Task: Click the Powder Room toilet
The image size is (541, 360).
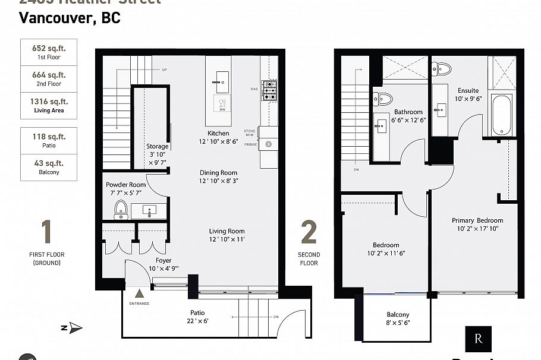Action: (121, 210)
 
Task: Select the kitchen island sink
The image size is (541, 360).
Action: (222, 82)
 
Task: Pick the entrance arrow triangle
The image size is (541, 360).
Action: (140, 293)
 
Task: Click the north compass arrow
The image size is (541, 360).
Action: (74, 327)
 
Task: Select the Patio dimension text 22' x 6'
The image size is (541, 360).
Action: (197, 321)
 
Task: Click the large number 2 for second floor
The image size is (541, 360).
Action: (309, 232)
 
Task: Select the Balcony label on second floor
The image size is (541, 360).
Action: (398, 315)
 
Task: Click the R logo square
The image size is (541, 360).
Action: (479, 339)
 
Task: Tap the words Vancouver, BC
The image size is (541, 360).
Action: (70, 18)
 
